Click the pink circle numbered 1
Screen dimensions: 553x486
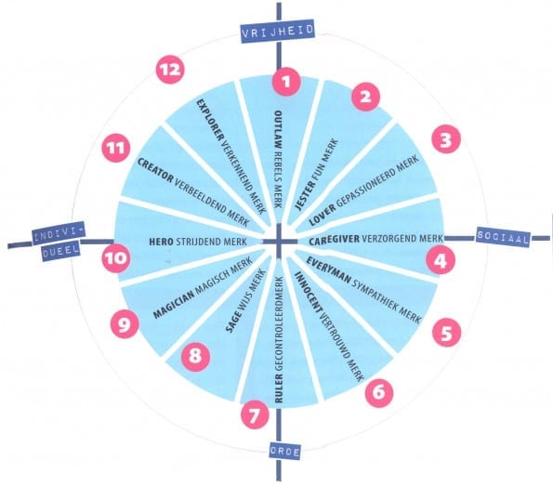[x=286, y=82]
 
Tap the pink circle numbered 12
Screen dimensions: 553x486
[x=170, y=69]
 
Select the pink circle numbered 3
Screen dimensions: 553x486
[x=446, y=139]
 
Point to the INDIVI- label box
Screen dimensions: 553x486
[x=59, y=233]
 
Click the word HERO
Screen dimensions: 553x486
[x=161, y=242]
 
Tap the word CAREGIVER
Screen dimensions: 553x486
[x=334, y=240]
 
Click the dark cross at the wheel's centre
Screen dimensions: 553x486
[x=280, y=242]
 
